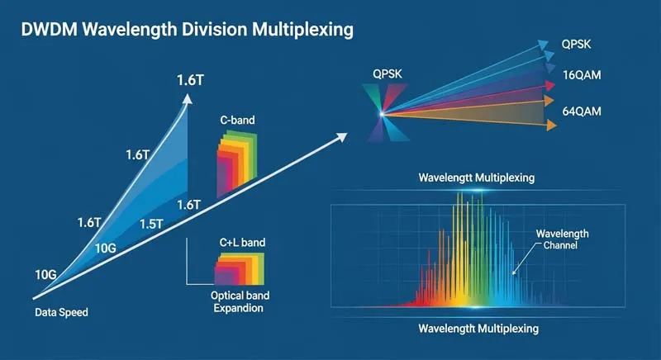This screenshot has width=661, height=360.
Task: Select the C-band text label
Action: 237,121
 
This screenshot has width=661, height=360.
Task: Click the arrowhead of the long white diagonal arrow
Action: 340,138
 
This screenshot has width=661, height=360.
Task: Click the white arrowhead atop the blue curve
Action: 188,97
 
